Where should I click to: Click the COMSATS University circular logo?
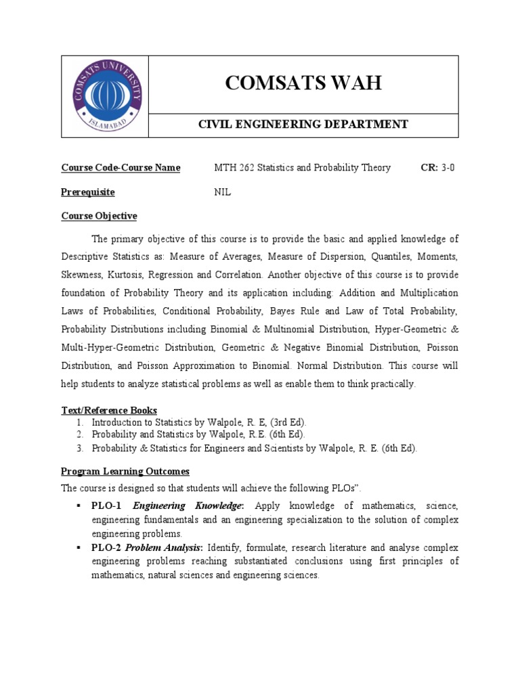pyautogui.click(x=107, y=96)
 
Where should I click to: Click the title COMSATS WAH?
pyautogui.click(x=303, y=83)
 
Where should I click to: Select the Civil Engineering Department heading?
pyautogui.click(x=303, y=124)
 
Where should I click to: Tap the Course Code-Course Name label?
pyautogui.click(x=121, y=168)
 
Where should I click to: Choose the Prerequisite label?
pyautogui.click(x=88, y=192)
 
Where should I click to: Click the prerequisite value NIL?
pyautogui.click(x=223, y=192)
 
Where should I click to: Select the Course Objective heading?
pyautogui.click(x=99, y=216)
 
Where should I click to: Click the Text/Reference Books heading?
pyautogui.click(x=109, y=410)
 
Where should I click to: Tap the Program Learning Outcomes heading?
pyautogui.click(x=125, y=471)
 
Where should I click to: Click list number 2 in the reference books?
pyautogui.click(x=79, y=434)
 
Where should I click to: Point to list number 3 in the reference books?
pyautogui.click(x=79, y=447)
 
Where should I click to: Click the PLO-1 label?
pyautogui.click(x=107, y=506)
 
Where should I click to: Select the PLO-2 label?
pyautogui.click(x=107, y=547)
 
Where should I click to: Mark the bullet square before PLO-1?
pyautogui.click(x=79, y=506)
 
